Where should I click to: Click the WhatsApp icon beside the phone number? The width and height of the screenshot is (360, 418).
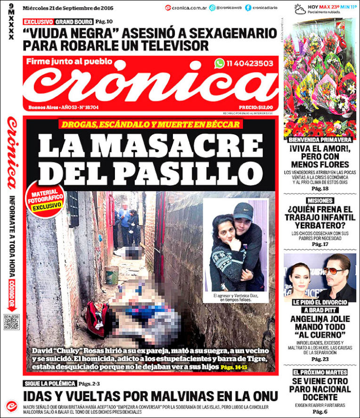(x=219, y=63)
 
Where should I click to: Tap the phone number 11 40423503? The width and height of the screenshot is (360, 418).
(x=249, y=63)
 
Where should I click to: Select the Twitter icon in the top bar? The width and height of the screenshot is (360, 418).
(x=212, y=8)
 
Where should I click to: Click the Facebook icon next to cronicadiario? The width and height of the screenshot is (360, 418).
(x=248, y=8)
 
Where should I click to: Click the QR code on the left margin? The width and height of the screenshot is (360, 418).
(x=11, y=321)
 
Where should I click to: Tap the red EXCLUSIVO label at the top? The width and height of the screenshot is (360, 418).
(x=38, y=22)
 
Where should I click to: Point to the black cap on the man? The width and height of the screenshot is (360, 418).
(x=243, y=211)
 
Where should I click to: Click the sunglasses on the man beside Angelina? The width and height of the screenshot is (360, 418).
(x=335, y=270)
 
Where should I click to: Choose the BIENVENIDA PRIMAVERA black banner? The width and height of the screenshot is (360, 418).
(x=320, y=140)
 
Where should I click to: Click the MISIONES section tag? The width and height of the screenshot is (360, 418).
(x=320, y=201)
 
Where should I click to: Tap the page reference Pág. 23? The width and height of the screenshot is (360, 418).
(x=320, y=359)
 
